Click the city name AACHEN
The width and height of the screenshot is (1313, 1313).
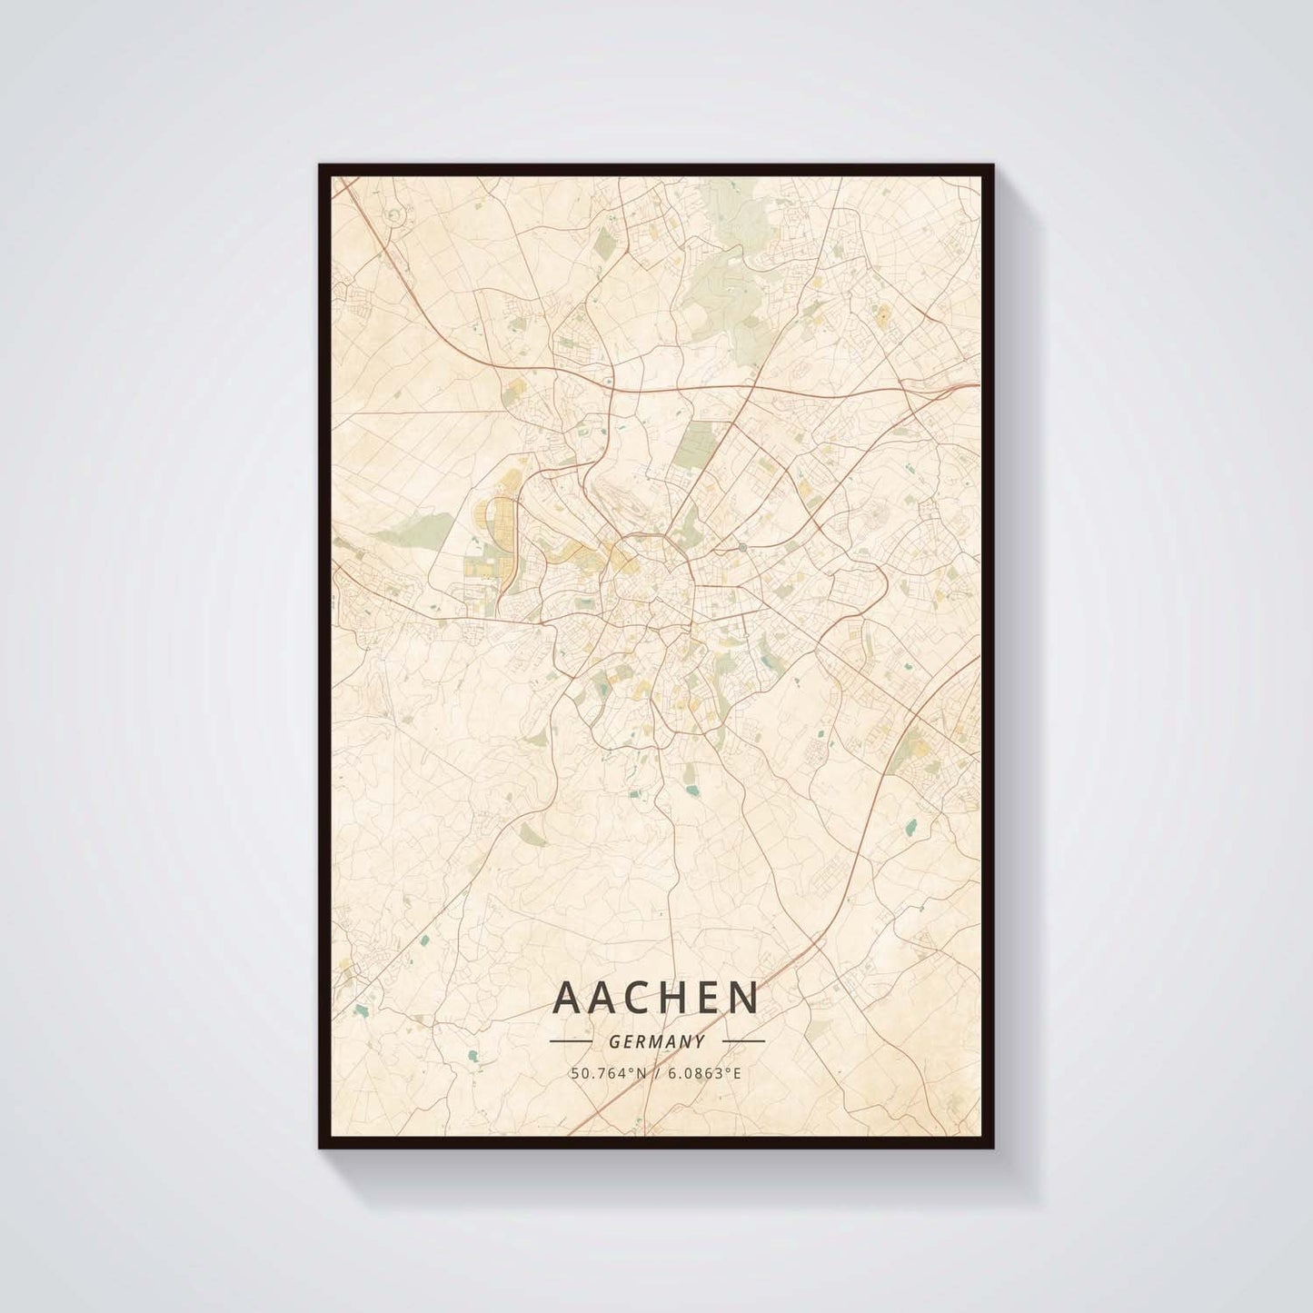tap(655, 998)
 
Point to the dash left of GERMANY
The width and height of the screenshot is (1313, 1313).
tap(572, 1041)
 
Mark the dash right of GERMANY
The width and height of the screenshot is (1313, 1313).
tap(742, 1041)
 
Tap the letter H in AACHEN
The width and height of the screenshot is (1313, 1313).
tap(673, 998)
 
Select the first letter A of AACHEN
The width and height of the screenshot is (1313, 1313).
tap(564, 998)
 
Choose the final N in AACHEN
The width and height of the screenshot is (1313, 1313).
tap(745, 998)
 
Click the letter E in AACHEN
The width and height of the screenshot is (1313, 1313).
tap(710, 998)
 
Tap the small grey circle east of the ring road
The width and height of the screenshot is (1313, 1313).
tap(742, 547)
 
